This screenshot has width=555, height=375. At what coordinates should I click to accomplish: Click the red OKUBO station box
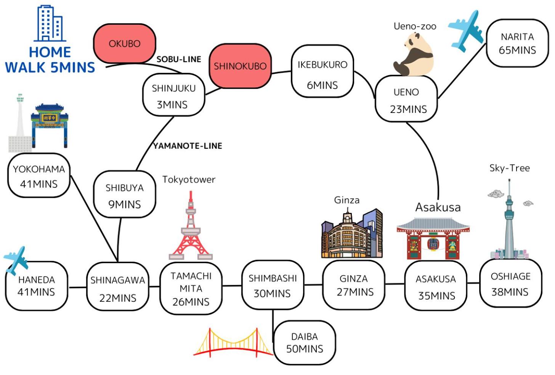click(125, 43)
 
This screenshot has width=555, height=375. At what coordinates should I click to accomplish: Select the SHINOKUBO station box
click(240, 66)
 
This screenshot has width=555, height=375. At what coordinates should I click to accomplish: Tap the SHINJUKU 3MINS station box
click(174, 95)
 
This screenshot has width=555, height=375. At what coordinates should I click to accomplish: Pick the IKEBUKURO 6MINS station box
click(322, 71)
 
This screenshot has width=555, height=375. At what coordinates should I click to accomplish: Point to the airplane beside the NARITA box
click(465, 31)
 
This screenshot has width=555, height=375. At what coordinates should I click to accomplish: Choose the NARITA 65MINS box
click(517, 43)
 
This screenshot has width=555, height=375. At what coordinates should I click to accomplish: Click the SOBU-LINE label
click(179, 59)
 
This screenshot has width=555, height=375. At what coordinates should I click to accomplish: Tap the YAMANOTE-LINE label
click(188, 146)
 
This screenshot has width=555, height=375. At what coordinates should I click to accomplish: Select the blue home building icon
click(50, 23)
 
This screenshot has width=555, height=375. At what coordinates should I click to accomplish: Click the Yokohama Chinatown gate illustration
click(50, 126)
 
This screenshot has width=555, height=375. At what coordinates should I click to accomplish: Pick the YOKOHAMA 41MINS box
click(39, 175)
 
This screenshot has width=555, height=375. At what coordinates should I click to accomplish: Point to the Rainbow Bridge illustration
click(233, 343)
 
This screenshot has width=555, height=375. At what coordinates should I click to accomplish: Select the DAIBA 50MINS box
click(305, 343)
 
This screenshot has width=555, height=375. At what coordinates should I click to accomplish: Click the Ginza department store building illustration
click(352, 233)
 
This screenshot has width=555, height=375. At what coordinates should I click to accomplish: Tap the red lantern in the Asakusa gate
click(433, 244)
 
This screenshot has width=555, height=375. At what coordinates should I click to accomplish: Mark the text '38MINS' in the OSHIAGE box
click(510, 292)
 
